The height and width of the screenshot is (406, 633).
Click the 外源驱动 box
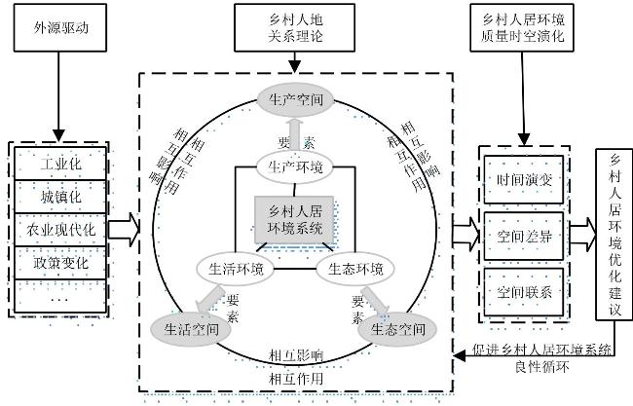click(x=60, y=28)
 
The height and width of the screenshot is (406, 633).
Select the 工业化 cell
click(x=60, y=164)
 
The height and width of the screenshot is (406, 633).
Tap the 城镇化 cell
click(x=60, y=197)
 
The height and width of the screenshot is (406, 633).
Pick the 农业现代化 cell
click(x=60, y=230)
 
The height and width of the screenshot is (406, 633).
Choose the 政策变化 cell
click(x=60, y=263)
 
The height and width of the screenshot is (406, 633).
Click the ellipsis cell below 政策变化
click(x=60, y=297)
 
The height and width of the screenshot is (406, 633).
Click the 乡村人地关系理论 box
click(x=295, y=28)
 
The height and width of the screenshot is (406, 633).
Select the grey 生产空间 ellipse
click(x=296, y=99)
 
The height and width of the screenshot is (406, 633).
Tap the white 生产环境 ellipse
click(x=295, y=166)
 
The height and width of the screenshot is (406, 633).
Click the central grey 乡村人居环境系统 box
click(x=294, y=220)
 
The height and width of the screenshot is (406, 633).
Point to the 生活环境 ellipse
click(x=236, y=269)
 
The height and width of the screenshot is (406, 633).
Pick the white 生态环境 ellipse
click(x=354, y=269)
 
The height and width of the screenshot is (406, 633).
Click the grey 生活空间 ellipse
click(x=191, y=330)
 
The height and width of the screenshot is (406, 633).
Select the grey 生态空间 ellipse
click(x=398, y=330)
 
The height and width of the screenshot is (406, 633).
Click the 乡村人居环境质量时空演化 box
click(x=522, y=28)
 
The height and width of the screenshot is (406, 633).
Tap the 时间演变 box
click(x=524, y=179)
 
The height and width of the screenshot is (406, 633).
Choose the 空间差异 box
click(x=524, y=236)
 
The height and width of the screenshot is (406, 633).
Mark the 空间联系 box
click(x=524, y=292)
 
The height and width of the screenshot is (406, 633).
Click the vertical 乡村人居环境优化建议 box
click(x=614, y=235)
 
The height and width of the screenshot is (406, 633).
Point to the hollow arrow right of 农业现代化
click(x=124, y=230)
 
